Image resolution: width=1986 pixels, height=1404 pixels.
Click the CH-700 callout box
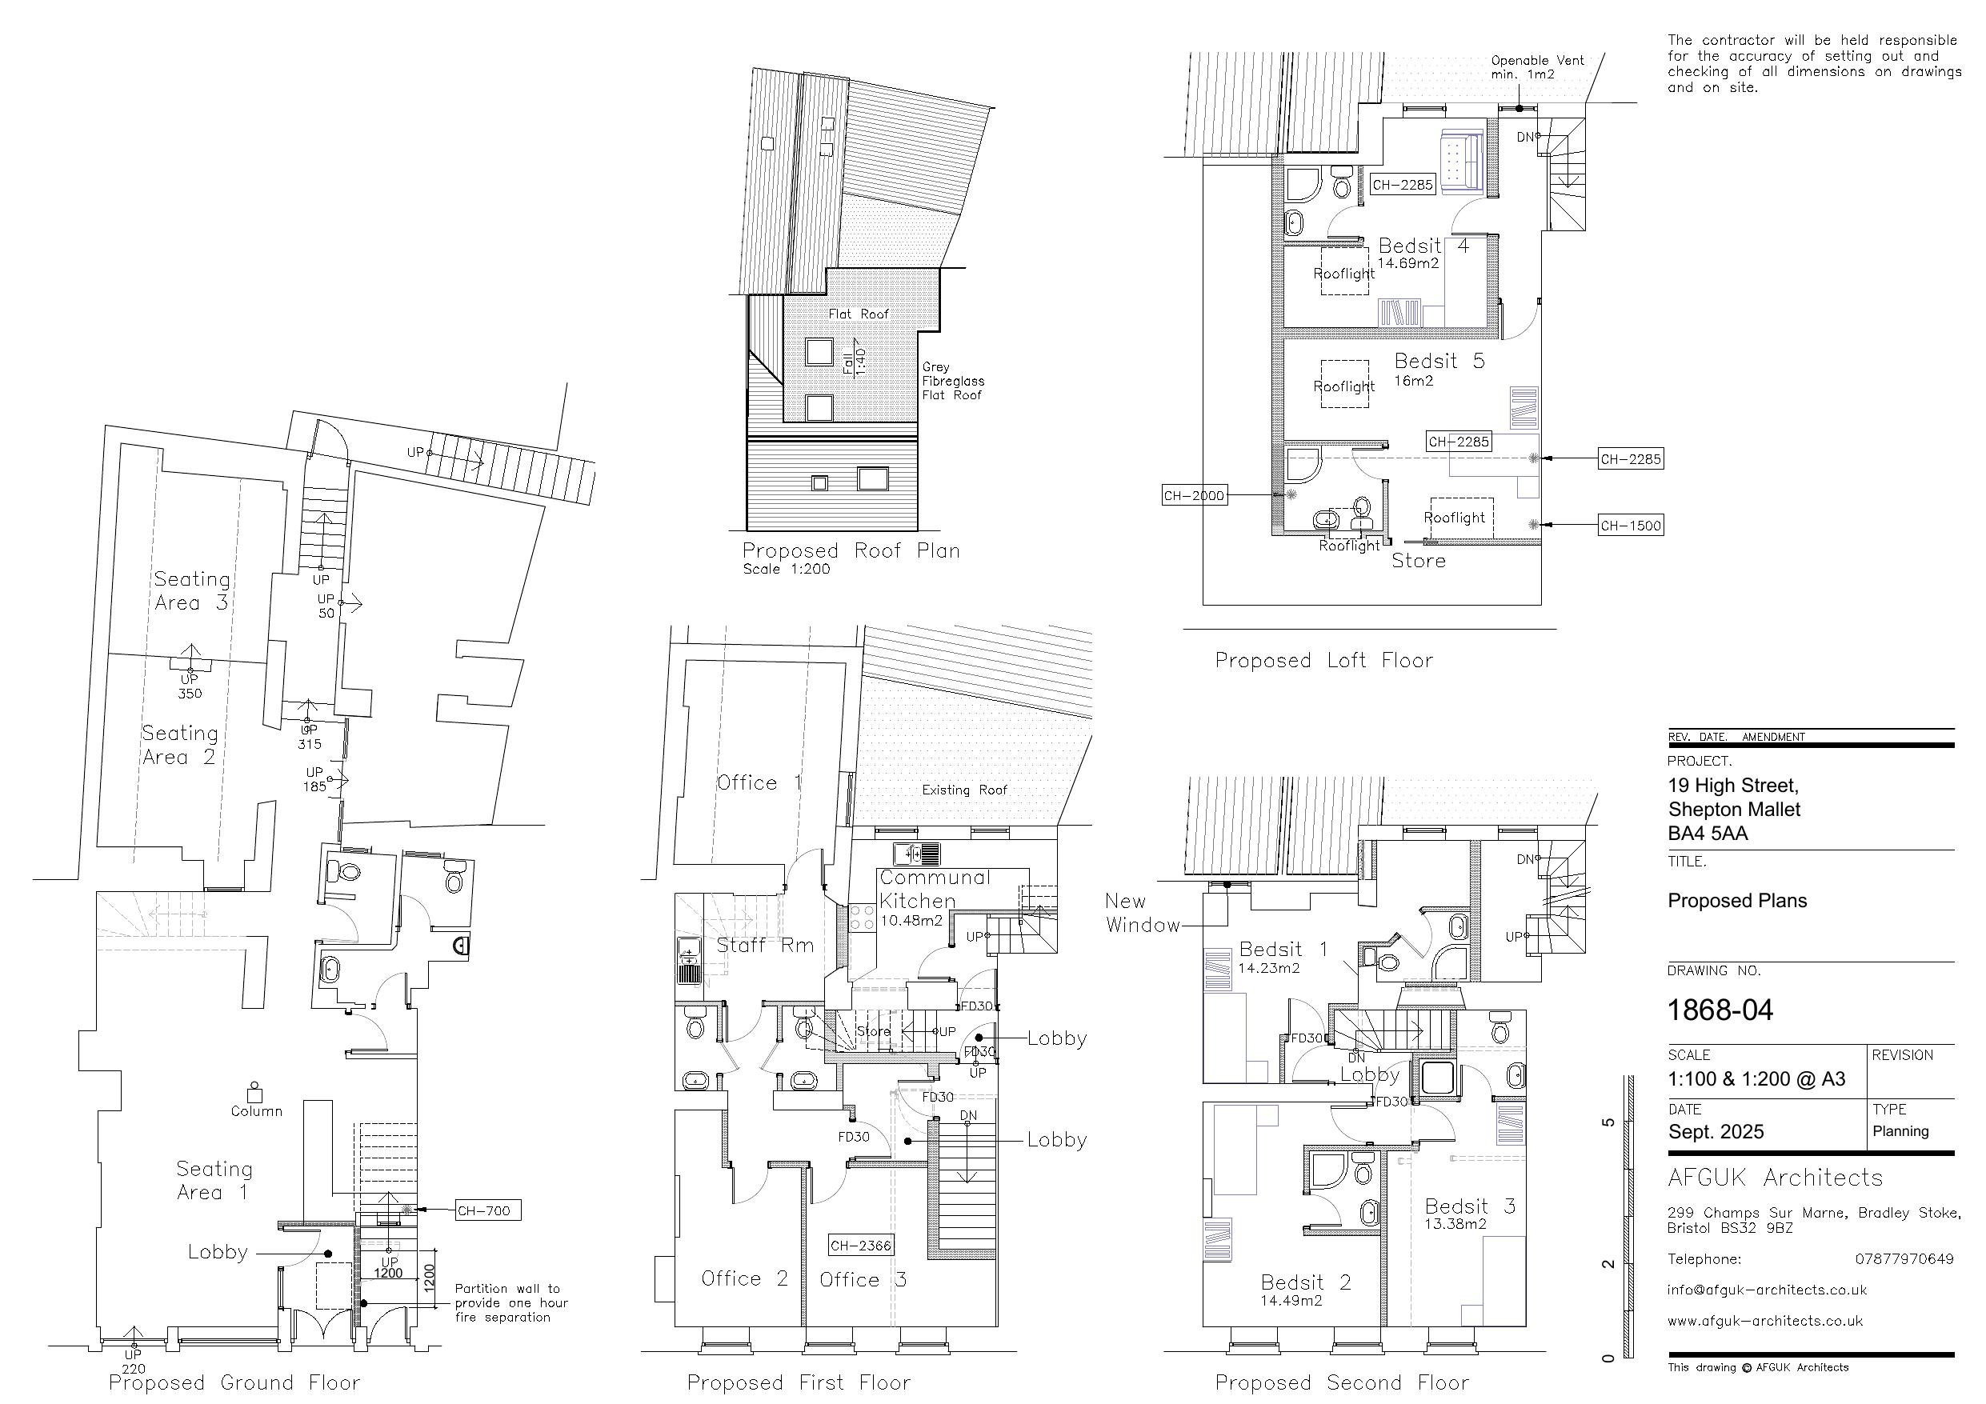(488, 1210)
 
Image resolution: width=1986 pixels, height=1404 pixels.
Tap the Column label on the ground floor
(256, 1110)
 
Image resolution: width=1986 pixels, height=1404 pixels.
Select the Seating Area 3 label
(191, 591)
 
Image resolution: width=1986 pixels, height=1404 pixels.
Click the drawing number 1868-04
(1720, 1010)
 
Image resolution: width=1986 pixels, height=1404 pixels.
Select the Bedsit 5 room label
(1439, 361)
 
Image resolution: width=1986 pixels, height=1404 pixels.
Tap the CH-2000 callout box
(1194, 496)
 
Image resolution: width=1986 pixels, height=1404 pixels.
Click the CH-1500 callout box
(1631, 525)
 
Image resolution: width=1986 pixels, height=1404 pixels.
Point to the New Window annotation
(1142, 913)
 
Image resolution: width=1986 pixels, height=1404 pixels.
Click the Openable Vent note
(1537, 67)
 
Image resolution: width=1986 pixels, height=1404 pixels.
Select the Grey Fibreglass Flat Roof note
(952, 381)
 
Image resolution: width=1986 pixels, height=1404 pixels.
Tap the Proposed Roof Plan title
(851, 551)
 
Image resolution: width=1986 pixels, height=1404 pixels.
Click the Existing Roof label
(964, 790)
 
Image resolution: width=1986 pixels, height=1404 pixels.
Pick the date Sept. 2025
(1716, 1131)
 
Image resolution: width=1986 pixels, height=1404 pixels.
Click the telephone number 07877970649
(1904, 1258)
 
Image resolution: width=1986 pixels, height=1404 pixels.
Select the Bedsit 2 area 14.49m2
(1291, 1300)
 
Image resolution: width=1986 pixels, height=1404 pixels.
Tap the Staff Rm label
(766, 945)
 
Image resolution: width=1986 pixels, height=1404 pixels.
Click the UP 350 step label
(190, 686)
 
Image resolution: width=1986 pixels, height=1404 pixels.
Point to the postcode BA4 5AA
(1708, 833)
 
